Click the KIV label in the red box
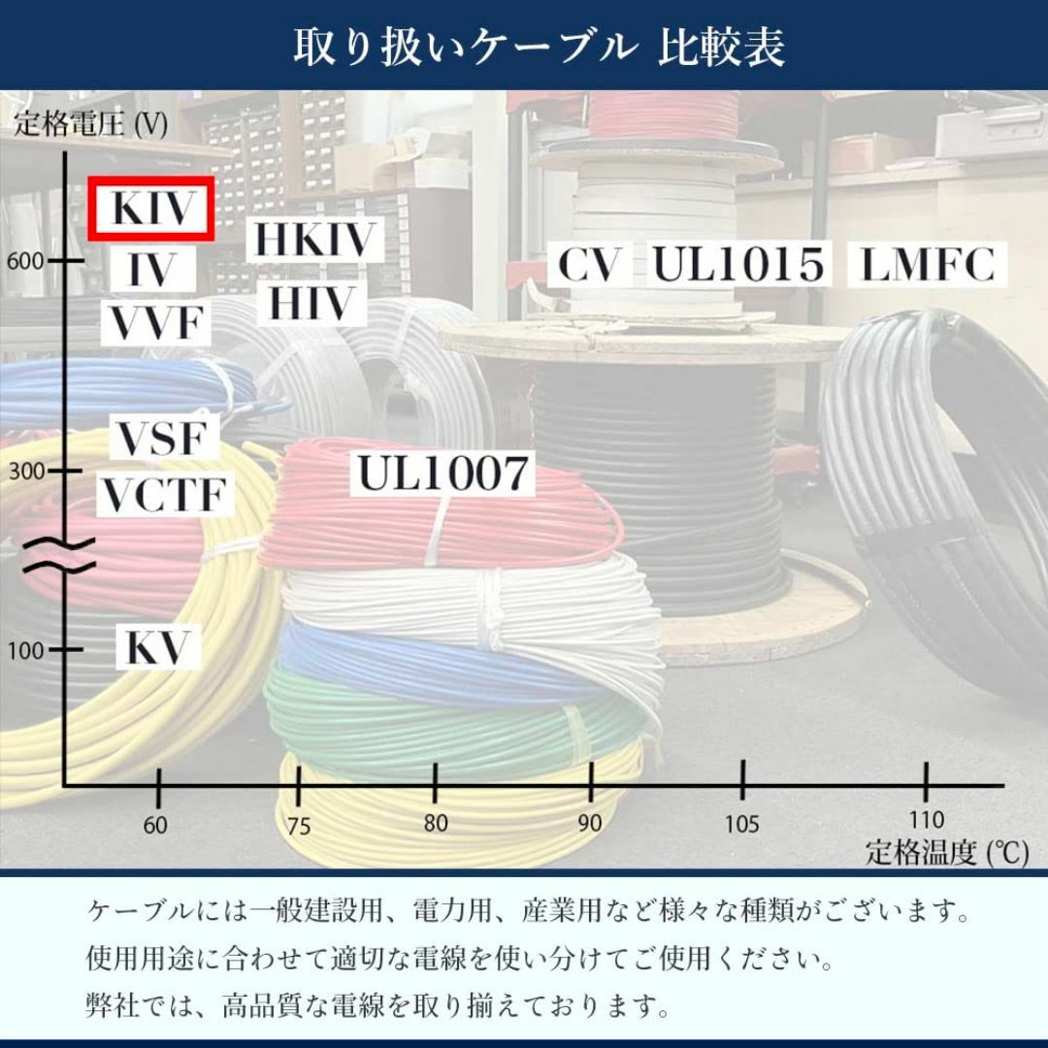pyautogui.click(x=151, y=209)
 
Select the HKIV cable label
pyautogui.click(x=314, y=239)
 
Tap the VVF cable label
pyautogui.click(x=155, y=323)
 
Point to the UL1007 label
pyautogui.click(x=442, y=474)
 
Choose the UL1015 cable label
pyautogui.click(x=737, y=263)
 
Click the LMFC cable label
pyautogui.click(x=928, y=263)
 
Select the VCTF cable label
pyautogui.click(x=164, y=495)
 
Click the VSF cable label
pyautogui.click(x=163, y=438)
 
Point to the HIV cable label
pyautogui.click(x=311, y=303)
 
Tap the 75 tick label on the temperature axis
pyautogui.click(x=299, y=826)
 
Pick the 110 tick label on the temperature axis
pyautogui.click(x=927, y=819)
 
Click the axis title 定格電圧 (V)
pyautogui.click(x=91, y=123)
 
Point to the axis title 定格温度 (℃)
pyautogui.click(x=947, y=852)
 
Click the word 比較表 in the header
pyautogui.click(x=721, y=47)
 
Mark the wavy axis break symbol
pyautogui.click(x=59, y=555)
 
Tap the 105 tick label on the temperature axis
pyautogui.click(x=742, y=824)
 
